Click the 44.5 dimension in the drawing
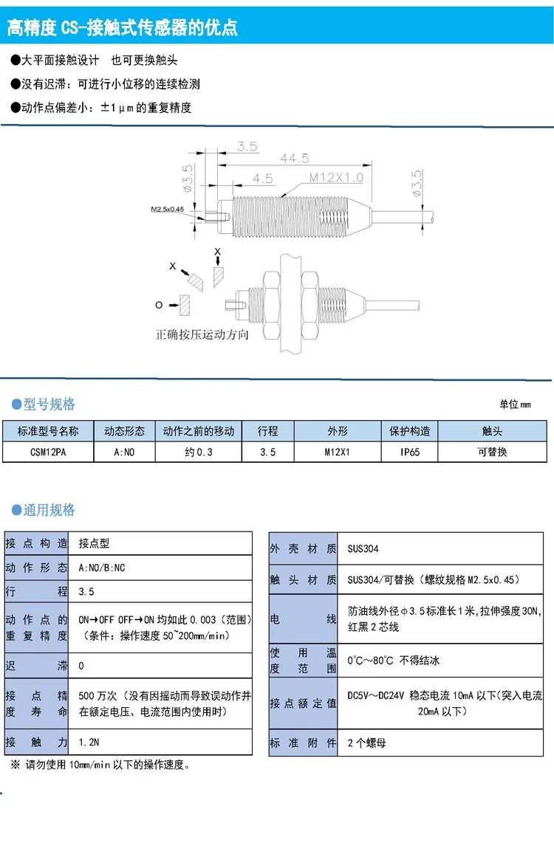[x=295, y=159]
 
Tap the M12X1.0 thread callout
[x=336, y=177]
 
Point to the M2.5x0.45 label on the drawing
[x=167, y=210]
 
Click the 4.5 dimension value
[x=262, y=179]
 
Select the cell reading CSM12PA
[x=48, y=452]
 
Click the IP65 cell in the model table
[x=409, y=452]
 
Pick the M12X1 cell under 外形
[x=337, y=452]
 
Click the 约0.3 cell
[x=198, y=452]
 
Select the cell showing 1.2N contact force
[x=88, y=742]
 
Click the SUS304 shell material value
[x=363, y=549]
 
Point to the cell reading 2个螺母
[x=366, y=743]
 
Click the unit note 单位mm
[x=515, y=404]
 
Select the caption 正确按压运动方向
[x=202, y=334]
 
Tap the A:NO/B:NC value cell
[x=103, y=568]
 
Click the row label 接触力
[x=36, y=742]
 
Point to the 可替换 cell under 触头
[x=492, y=452]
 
